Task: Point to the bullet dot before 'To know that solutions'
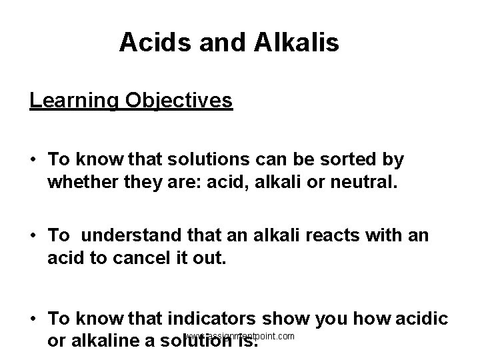pos(33,161)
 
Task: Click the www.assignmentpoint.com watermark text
pos(240,336)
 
